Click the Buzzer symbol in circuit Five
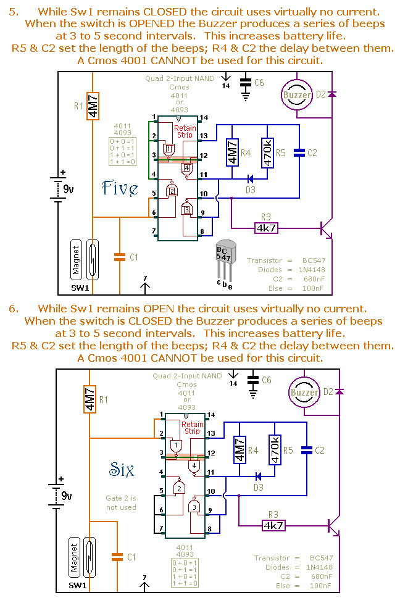(298, 95)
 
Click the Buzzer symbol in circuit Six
(305, 393)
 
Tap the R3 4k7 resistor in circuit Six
(273, 525)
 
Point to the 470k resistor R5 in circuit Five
(266, 152)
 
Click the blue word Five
(121, 188)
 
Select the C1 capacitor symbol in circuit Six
(115, 557)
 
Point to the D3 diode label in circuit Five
(250, 190)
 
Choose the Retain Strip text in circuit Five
(185, 132)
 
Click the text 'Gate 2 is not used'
(121, 502)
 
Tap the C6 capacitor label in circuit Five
(259, 83)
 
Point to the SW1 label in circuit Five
(79, 288)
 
